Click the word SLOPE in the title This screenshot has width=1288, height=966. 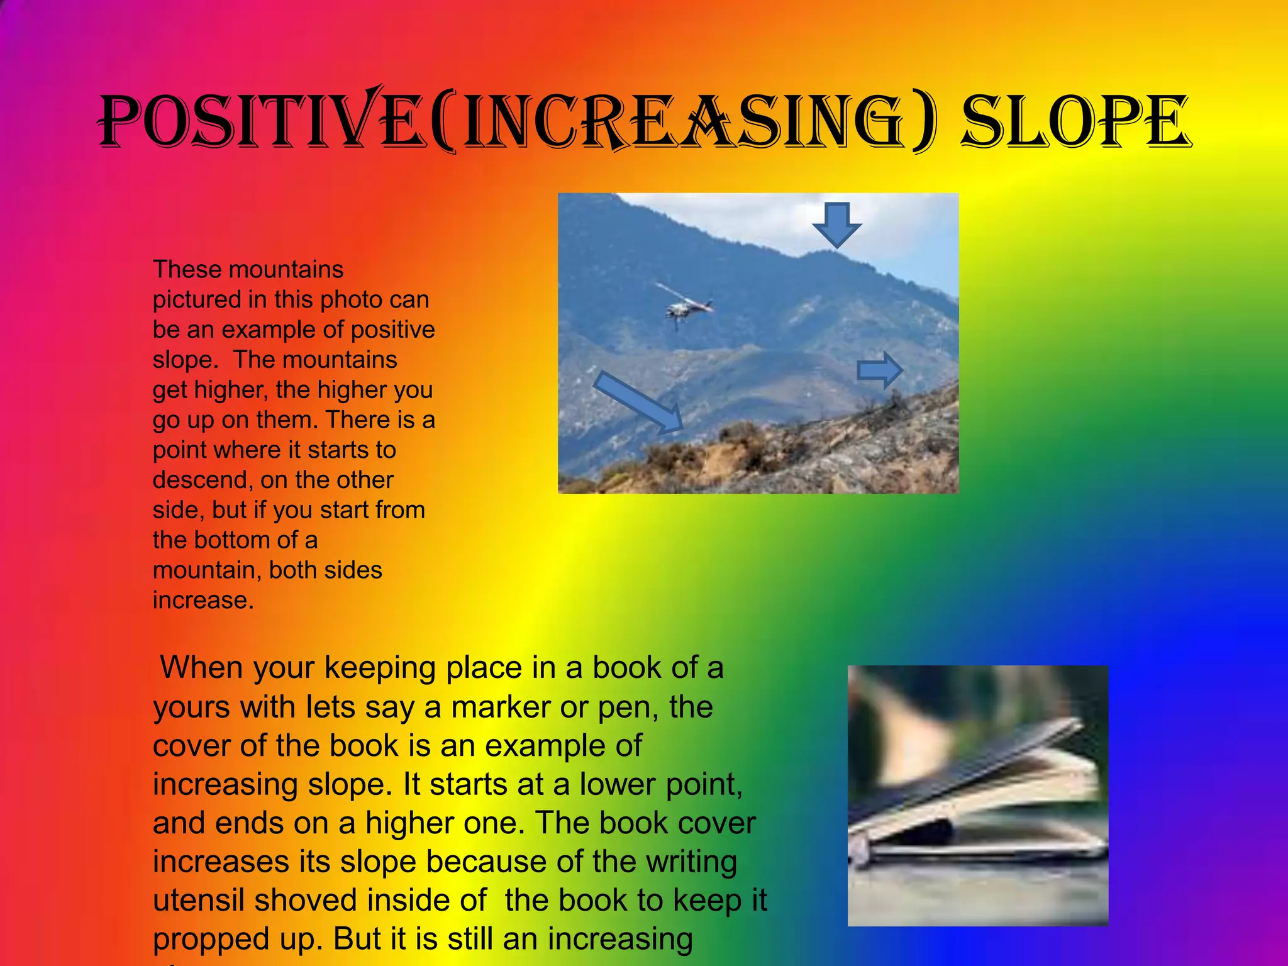pyautogui.click(x=1075, y=121)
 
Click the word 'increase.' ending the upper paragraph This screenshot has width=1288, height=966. pyautogui.click(x=203, y=601)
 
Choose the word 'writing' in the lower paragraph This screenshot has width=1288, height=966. pyautogui.click(x=691, y=862)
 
